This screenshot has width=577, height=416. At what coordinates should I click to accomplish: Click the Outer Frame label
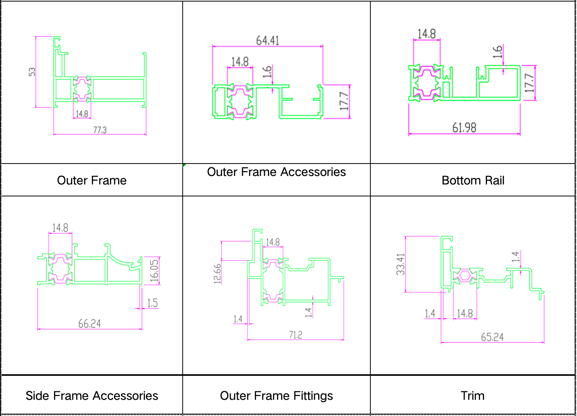point(92,180)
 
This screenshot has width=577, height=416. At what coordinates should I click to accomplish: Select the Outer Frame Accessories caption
point(277,172)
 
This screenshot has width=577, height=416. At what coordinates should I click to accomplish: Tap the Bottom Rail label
point(473,180)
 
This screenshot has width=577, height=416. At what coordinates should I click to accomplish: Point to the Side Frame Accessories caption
point(92,396)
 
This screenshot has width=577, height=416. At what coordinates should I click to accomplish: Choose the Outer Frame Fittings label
point(277,396)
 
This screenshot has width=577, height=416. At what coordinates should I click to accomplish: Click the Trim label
point(472,396)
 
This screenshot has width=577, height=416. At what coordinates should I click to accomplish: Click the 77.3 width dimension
point(100,130)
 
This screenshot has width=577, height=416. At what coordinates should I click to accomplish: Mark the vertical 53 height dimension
point(32,72)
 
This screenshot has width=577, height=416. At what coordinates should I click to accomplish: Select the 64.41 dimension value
point(268,41)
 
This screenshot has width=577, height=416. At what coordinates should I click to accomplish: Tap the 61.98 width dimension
point(465,128)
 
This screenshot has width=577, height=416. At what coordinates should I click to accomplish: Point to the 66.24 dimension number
point(89,324)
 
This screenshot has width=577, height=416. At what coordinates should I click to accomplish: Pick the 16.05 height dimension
point(154,271)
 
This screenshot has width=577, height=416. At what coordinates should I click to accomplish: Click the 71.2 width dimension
point(295,335)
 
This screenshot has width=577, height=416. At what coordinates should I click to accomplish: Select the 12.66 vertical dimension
point(217,274)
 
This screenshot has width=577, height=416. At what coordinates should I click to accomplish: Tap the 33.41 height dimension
point(401,264)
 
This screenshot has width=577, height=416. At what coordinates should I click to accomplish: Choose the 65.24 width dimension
point(492,337)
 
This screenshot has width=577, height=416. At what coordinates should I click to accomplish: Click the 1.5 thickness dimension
point(153,303)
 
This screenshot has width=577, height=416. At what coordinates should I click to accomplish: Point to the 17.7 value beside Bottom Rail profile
point(529,83)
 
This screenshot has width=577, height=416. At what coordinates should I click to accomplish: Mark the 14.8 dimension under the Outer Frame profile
point(82,114)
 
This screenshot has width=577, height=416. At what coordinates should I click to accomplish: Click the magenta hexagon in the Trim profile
point(465,275)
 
